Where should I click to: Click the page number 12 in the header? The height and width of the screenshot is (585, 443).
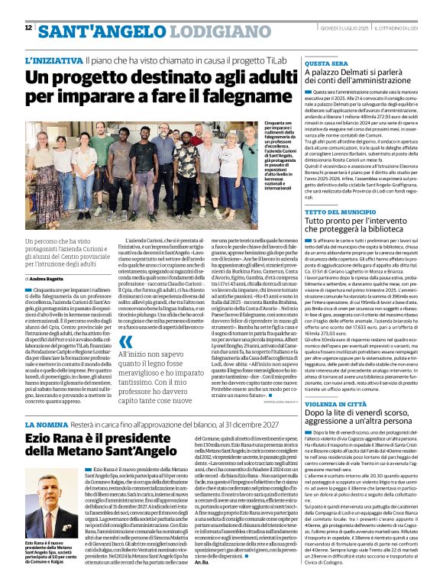[28, 27]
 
